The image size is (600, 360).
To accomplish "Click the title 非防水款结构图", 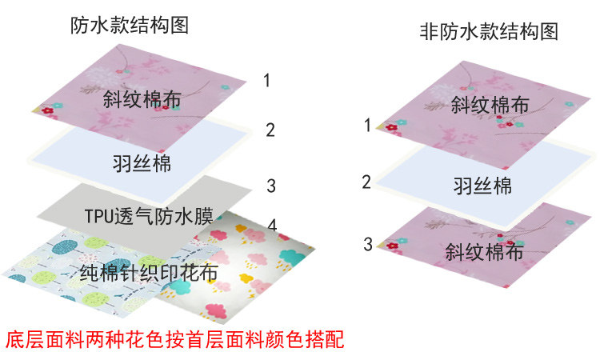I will pos(488,31).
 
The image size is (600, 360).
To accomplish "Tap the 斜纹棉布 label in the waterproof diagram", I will pos(141,99).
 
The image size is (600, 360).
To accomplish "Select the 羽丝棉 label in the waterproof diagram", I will pos(143,165).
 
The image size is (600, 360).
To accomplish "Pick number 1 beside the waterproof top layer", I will pos(266,80).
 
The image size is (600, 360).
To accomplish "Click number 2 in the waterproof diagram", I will pos(270,130).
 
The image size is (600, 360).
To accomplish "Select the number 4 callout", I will pos(272,226).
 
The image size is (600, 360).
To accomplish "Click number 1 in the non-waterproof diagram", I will pos(367,126).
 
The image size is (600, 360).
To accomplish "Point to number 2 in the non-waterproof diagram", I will pos(366,182).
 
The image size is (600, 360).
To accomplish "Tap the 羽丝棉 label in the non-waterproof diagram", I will pos(483,186).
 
